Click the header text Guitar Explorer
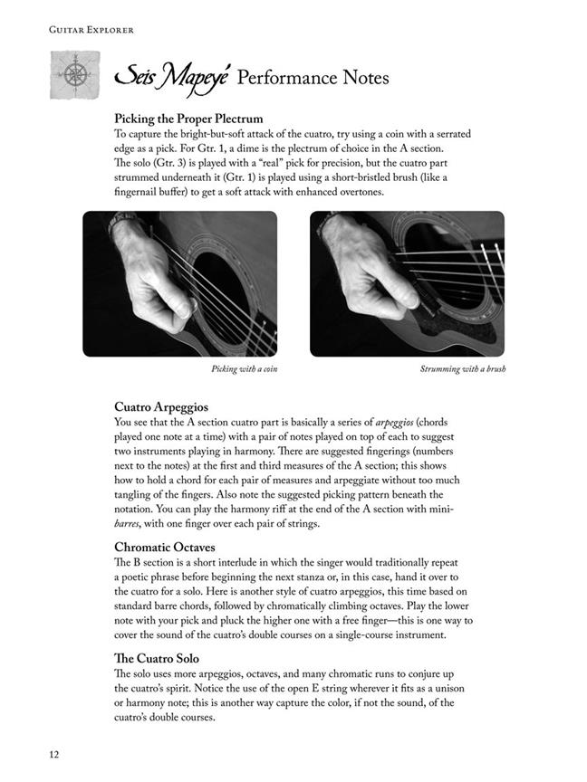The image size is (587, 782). pyautogui.click(x=79, y=30)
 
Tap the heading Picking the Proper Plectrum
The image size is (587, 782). pyautogui.click(x=188, y=119)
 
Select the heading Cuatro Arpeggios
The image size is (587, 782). pyautogui.click(x=161, y=407)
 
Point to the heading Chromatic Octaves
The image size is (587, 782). pyautogui.click(x=169, y=548)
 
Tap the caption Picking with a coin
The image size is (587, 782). pyautogui.click(x=244, y=369)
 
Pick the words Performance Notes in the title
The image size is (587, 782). pyautogui.click(x=313, y=79)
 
